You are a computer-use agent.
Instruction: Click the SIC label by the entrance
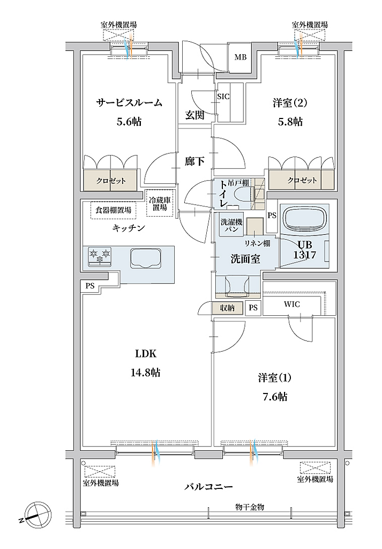[x=223, y=97]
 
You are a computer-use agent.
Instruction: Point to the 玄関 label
[x=195, y=115]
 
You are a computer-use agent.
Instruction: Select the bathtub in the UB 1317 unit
[x=304, y=220]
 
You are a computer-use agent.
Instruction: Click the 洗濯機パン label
[x=231, y=225]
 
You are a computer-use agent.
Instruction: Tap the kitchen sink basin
[x=145, y=258]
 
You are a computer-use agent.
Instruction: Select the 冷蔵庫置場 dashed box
[x=160, y=203]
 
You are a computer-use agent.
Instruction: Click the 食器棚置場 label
[x=114, y=210]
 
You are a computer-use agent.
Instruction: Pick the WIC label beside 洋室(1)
[x=292, y=304]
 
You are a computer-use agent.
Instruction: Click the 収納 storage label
[x=227, y=308]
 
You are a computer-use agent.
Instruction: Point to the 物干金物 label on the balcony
[x=250, y=507]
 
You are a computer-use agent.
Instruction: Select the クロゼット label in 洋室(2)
[x=302, y=181]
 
